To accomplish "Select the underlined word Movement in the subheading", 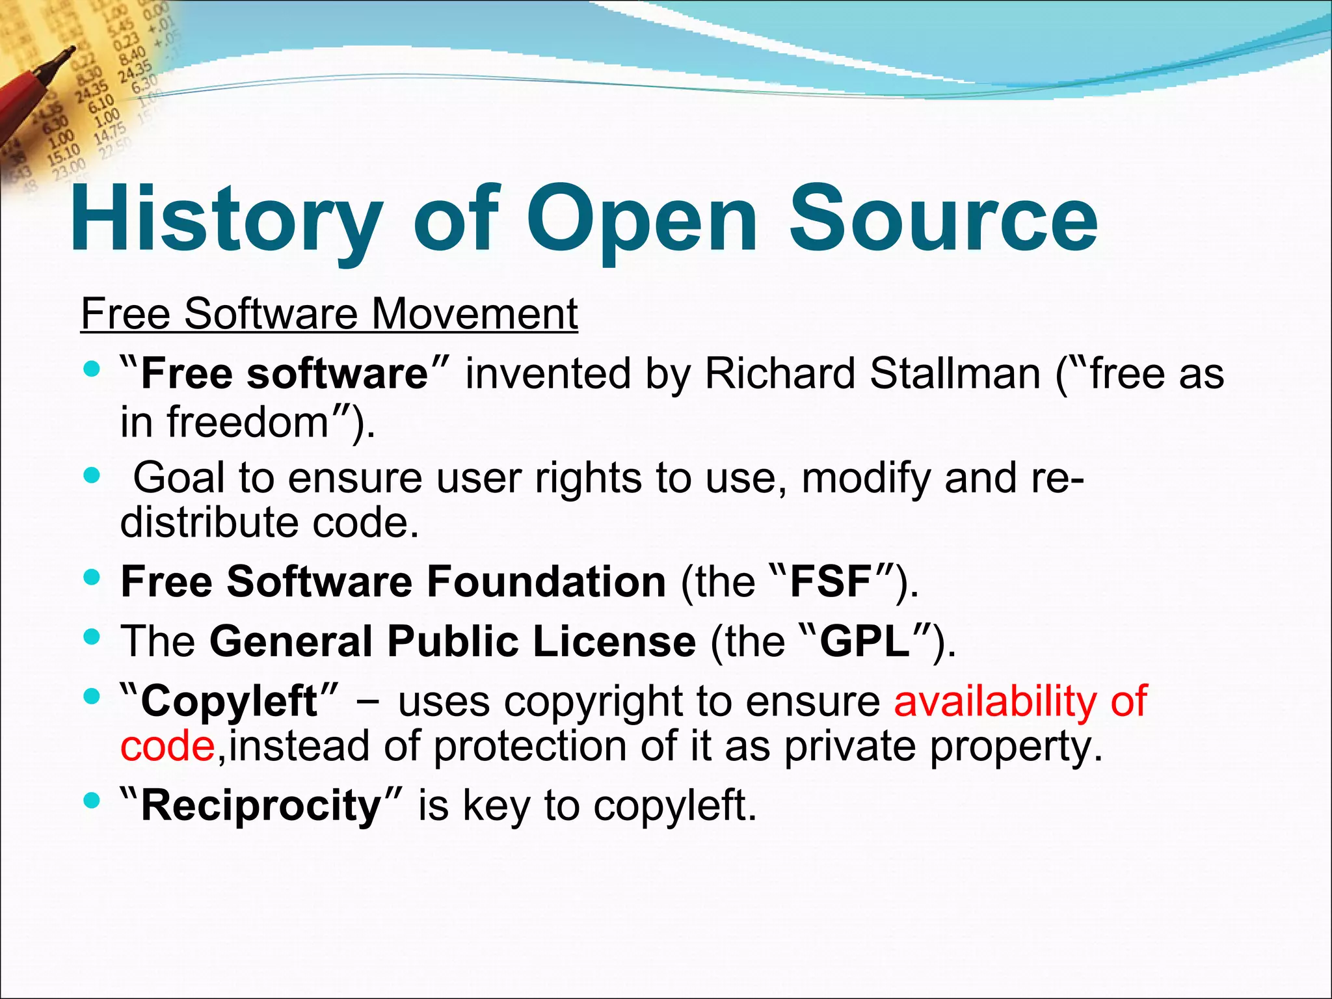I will pyautogui.click(x=474, y=313).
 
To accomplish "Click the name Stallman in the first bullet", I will pyautogui.click(x=955, y=374).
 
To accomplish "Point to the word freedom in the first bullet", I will pyautogui.click(x=247, y=421).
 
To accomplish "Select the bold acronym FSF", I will pyautogui.click(x=830, y=581).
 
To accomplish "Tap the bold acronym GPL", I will pyautogui.click(x=864, y=641).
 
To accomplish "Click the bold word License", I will pyautogui.click(x=614, y=641).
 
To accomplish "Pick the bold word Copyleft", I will pyautogui.click(x=229, y=702).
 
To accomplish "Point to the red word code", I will pyautogui.click(x=167, y=746).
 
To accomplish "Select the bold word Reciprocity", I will pyautogui.click(x=261, y=805).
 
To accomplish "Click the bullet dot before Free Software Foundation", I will pyautogui.click(x=92, y=577).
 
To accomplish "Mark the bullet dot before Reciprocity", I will pyautogui.click(x=92, y=800).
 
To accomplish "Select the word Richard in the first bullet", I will pyautogui.click(x=780, y=374).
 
